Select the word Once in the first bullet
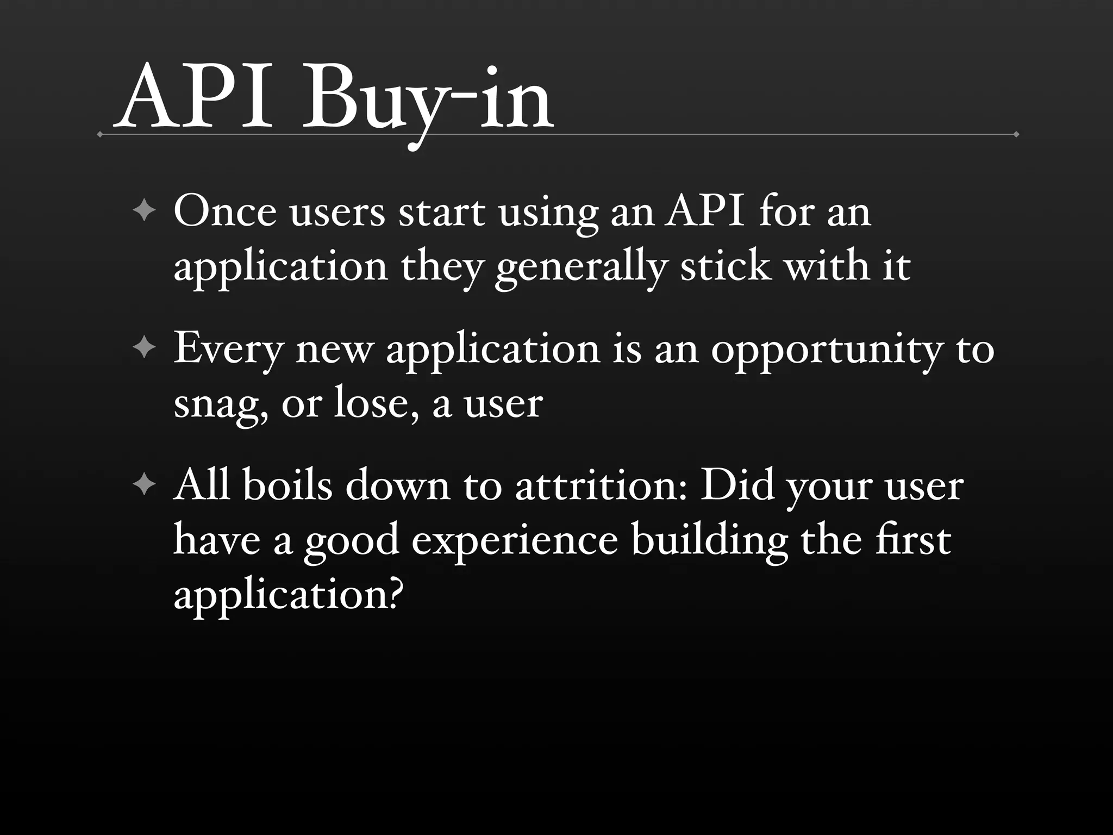click(225, 211)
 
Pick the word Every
click(229, 348)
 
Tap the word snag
click(220, 405)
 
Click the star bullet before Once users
click(144, 211)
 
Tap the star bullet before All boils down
click(144, 484)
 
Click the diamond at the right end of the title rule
click(1016, 134)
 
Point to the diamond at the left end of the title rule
click(99, 134)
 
